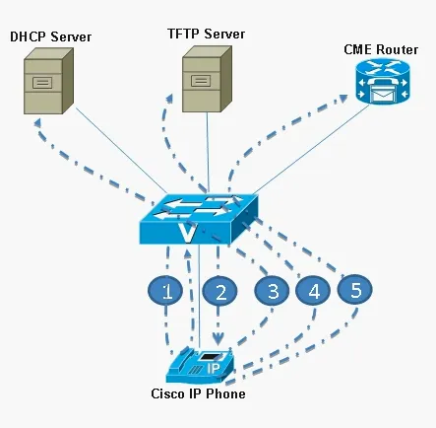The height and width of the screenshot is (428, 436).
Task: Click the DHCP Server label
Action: (50, 36)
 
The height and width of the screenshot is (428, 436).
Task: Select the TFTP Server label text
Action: (206, 34)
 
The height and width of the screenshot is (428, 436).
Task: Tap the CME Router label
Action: (374, 49)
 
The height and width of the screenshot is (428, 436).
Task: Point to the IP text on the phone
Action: (214, 368)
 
